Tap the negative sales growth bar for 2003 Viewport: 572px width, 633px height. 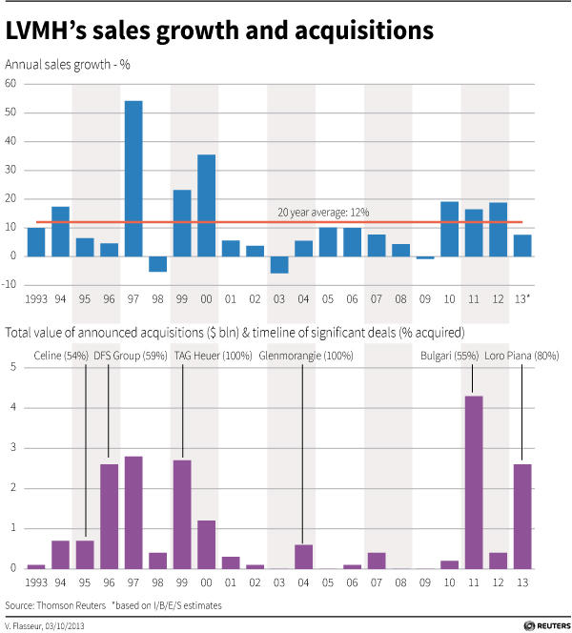tap(279, 264)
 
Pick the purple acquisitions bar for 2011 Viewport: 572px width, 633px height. tap(474, 481)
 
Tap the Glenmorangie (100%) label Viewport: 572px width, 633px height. tap(307, 356)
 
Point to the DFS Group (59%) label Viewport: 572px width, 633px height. tap(130, 356)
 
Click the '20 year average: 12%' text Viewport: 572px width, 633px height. tap(323, 212)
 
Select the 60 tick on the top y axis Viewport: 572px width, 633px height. tap(10, 84)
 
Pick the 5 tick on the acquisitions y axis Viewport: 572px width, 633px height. tap(13, 368)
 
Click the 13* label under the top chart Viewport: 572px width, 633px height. tap(523, 297)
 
